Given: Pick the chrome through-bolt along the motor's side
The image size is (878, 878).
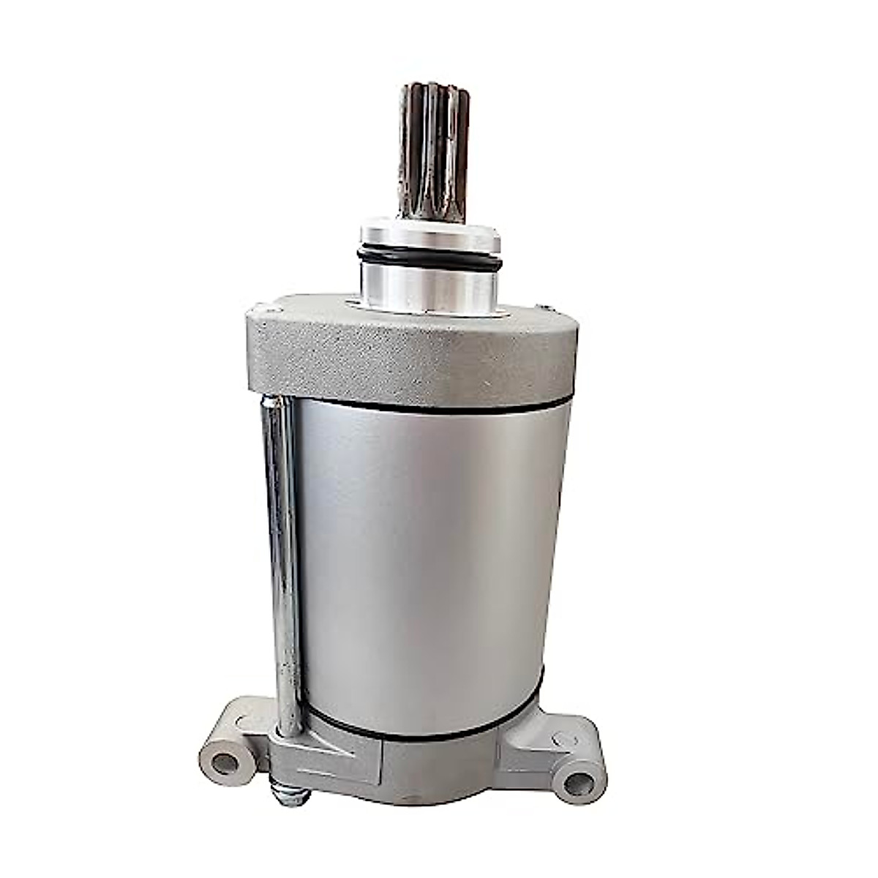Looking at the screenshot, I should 282,556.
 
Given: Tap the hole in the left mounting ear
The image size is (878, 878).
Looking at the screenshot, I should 223,764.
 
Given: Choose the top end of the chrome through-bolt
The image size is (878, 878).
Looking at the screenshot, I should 271,402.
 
